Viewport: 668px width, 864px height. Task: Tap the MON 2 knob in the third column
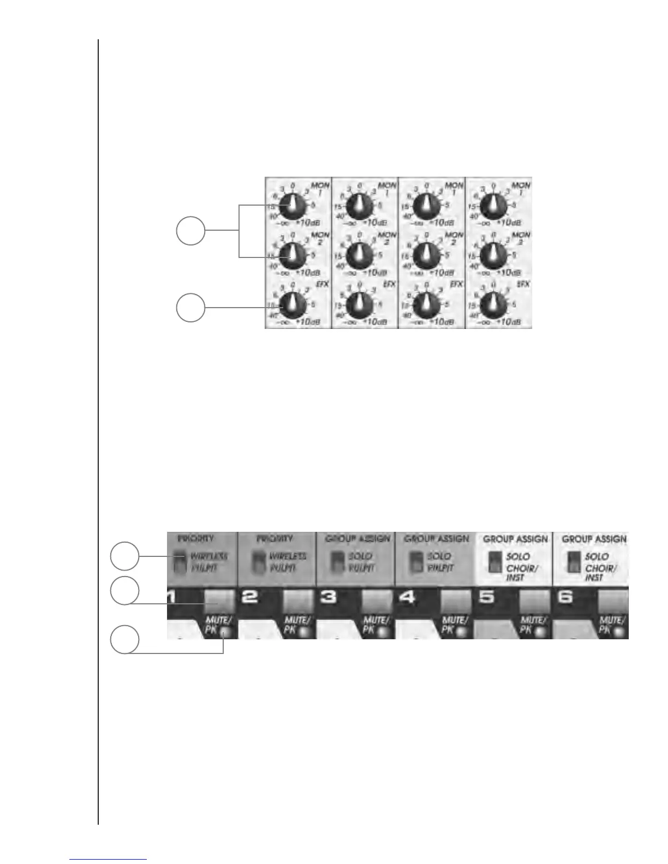(426, 254)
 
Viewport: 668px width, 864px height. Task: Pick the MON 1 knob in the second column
(359, 205)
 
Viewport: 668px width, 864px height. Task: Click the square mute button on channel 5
(534, 601)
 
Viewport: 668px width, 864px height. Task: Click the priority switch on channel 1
(178, 562)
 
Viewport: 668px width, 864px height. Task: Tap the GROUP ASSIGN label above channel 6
(594, 539)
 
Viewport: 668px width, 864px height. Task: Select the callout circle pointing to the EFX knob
(190, 308)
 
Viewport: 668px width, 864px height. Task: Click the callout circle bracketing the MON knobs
(190, 231)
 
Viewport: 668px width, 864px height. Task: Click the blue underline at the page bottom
(109, 860)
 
